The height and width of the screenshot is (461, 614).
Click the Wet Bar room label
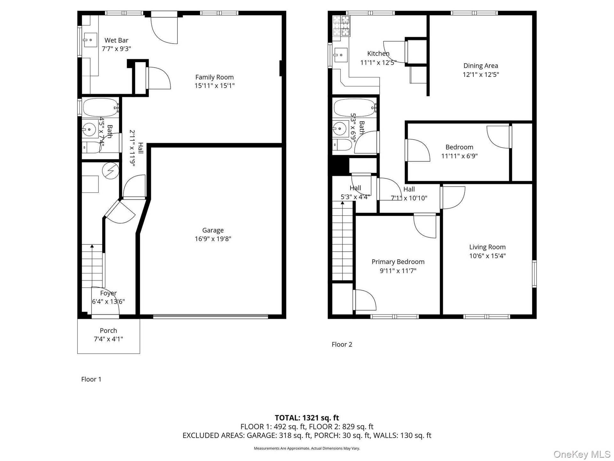click(116, 40)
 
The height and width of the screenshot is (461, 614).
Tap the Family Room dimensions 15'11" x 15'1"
click(215, 86)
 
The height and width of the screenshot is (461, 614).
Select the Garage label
click(213, 230)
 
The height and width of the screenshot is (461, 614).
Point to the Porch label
click(108, 331)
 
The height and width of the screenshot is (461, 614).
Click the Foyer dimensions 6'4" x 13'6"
click(108, 302)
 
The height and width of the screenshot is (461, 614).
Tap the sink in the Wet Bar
click(90, 40)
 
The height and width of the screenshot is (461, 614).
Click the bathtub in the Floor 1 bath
click(100, 108)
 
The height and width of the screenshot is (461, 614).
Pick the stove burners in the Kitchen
click(341, 26)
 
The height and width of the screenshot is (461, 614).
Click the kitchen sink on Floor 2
click(340, 55)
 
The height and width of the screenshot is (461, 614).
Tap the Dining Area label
click(481, 66)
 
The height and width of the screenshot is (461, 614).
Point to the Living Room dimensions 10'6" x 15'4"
click(487, 256)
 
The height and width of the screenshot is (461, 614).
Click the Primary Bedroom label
click(398, 262)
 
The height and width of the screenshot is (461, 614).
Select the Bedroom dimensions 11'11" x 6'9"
click(459, 156)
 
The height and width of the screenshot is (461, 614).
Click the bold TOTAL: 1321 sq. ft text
click(307, 418)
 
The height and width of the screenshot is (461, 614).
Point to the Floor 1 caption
click(91, 379)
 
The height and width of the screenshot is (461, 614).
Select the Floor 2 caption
click(342, 344)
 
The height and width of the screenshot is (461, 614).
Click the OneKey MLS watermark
click(582, 454)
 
